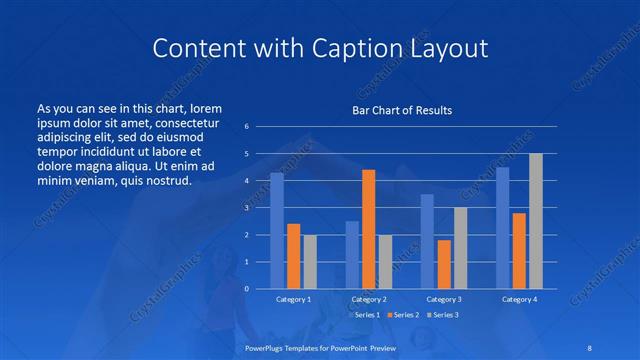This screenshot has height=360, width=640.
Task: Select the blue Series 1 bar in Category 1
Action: pos(277,231)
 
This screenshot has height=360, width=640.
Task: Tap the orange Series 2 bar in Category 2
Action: pos(368,229)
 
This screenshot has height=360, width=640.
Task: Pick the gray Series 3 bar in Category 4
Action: pos(536,221)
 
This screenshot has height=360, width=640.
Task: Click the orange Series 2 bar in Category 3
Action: pos(444,264)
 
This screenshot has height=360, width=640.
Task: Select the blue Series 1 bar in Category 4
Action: pos(503,228)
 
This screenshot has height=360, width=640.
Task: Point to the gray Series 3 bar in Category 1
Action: pos(310,262)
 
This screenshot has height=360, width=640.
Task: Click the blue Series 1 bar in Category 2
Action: pos(352,255)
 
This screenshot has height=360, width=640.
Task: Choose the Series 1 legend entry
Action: pos(364,315)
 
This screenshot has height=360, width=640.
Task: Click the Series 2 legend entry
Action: pos(402,315)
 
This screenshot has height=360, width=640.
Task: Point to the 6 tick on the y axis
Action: pos(247,127)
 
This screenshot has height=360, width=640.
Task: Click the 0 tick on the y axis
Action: pos(247,289)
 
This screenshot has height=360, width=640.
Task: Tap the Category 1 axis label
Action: pos(294,299)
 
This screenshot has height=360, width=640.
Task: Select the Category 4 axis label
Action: pos(519,299)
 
